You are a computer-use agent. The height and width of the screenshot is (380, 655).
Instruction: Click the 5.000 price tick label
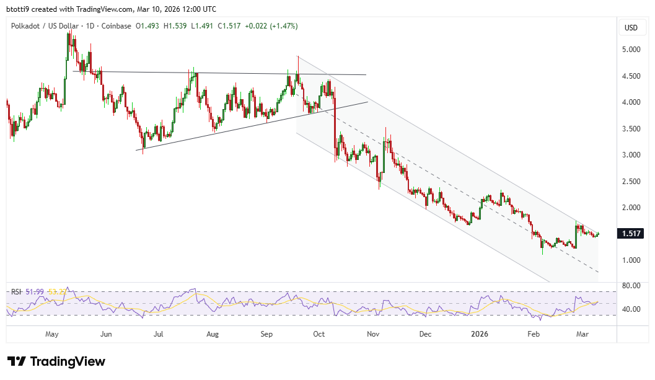631,50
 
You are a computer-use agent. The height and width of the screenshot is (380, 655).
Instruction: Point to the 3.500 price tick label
631,129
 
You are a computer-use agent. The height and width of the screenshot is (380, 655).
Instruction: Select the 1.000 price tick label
631,260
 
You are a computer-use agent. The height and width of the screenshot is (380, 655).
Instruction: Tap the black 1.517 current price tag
631,234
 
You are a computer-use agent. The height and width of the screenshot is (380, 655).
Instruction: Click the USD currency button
631,27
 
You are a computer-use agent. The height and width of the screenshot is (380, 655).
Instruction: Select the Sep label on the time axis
266,334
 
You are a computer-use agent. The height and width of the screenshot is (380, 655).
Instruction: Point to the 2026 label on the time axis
480,334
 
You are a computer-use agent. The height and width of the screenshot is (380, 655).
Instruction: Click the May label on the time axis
52,334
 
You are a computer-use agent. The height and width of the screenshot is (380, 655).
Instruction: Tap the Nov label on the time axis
373,334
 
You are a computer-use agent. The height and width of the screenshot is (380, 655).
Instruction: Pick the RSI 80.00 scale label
631,286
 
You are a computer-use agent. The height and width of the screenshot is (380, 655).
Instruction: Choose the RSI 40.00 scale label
631,309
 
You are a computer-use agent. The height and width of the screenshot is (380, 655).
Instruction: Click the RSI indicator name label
17,291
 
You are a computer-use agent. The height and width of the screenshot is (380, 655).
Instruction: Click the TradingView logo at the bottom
56,361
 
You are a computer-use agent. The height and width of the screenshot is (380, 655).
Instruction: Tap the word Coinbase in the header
117,26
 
